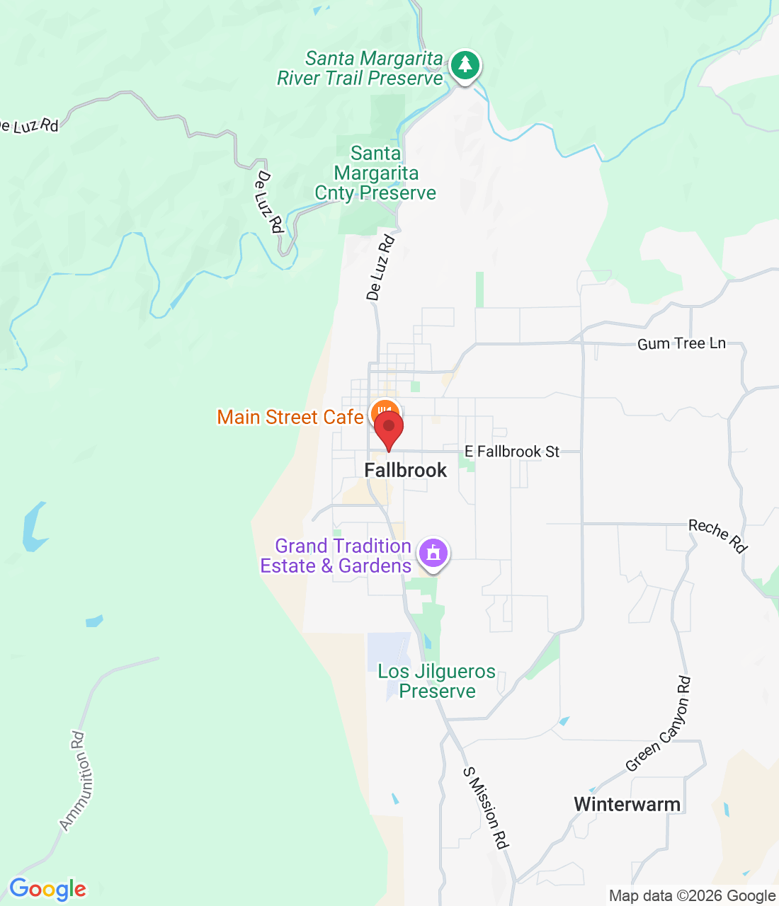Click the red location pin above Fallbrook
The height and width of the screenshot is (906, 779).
click(388, 429)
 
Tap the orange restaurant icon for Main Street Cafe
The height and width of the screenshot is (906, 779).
click(385, 411)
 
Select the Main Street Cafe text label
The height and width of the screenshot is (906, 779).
click(290, 418)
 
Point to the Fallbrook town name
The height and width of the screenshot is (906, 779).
click(405, 471)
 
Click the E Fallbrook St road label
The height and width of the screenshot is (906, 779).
click(512, 452)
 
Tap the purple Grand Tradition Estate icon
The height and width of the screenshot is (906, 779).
click(433, 552)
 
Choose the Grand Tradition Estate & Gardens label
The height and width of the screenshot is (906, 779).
click(336, 556)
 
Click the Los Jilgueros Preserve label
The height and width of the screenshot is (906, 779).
click(437, 681)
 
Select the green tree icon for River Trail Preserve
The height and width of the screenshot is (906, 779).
click(465, 65)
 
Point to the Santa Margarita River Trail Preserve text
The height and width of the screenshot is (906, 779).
click(360, 69)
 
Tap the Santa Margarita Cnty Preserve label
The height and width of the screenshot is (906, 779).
click(375, 173)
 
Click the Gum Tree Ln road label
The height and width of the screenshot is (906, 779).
click(681, 344)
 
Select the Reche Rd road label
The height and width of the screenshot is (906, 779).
click(718, 535)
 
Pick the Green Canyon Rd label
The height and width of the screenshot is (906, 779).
click(659, 724)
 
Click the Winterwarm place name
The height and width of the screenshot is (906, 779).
click(627, 805)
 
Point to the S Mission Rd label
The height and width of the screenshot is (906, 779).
click(486, 808)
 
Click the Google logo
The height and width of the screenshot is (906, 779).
click(47, 889)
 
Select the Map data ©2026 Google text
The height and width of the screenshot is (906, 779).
click(692, 896)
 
